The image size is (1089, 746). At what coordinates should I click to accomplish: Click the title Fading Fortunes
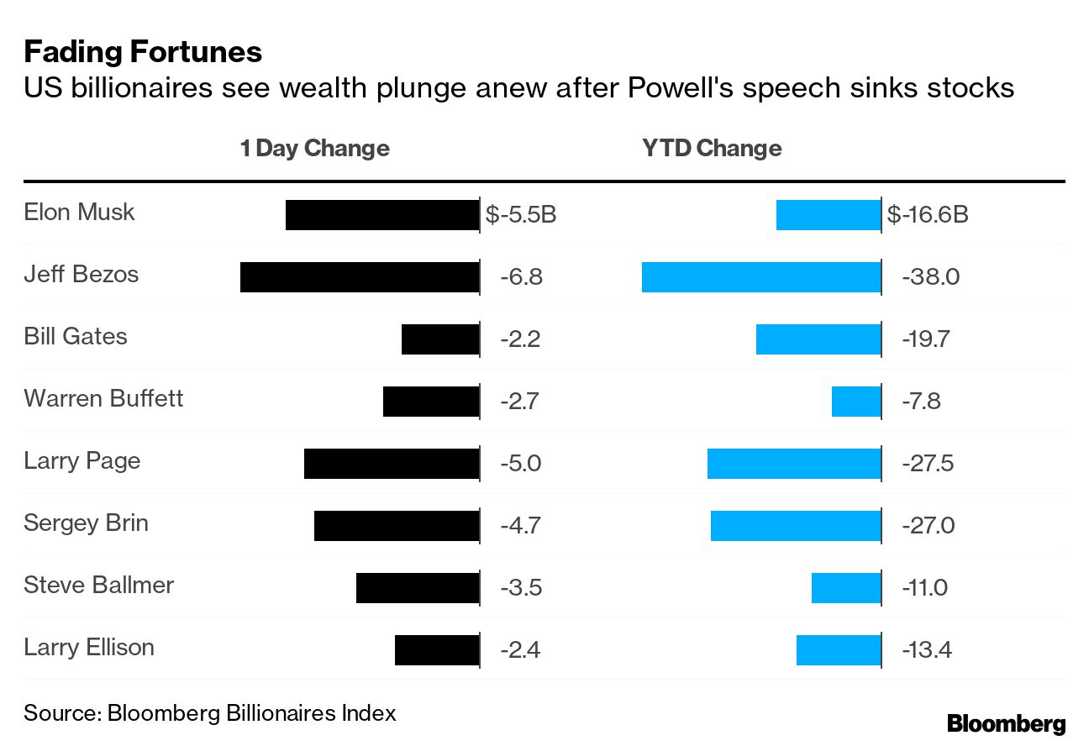tap(143, 52)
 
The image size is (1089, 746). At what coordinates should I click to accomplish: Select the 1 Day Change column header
tap(314, 149)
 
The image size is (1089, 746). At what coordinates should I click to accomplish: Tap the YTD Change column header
tap(712, 149)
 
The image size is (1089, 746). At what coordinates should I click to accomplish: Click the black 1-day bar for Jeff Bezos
tap(359, 277)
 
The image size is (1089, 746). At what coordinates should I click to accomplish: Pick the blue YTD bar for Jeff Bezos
tap(760, 277)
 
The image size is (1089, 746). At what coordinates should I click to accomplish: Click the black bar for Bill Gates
tap(439, 339)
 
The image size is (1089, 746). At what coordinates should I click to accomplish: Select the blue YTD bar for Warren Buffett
tap(855, 402)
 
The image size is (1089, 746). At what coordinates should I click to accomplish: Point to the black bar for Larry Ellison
tap(436, 650)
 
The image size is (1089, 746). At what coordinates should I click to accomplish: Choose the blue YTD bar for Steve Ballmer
tap(845, 588)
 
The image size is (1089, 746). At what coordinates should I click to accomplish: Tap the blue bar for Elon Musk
tap(828, 215)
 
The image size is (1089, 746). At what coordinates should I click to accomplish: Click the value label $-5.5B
tap(521, 215)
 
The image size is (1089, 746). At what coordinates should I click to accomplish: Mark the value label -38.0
tap(930, 277)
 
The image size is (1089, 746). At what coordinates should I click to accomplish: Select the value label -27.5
tap(928, 464)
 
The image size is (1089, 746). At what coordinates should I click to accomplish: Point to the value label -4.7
tap(520, 526)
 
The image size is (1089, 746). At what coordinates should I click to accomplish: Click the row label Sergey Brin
tap(86, 523)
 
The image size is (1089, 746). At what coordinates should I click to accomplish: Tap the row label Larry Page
tap(82, 461)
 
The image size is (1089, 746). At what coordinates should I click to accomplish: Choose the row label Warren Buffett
tap(103, 398)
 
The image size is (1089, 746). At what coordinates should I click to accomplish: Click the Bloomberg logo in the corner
tap(1006, 723)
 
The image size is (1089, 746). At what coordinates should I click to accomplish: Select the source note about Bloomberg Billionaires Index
tap(209, 713)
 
